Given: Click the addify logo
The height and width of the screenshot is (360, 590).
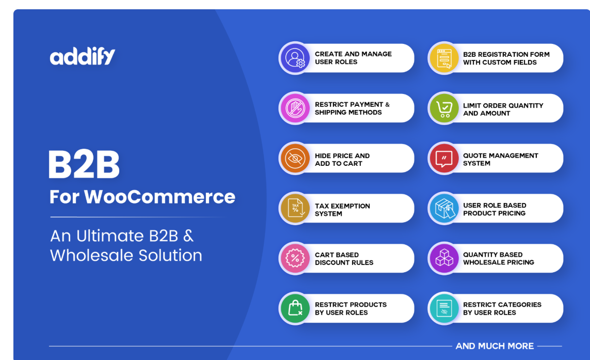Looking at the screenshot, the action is pyautogui.click(x=83, y=56).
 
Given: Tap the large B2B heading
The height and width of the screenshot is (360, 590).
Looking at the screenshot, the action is pyautogui.click(x=84, y=164).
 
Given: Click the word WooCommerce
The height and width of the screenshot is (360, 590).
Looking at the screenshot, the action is pyautogui.click(x=160, y=197).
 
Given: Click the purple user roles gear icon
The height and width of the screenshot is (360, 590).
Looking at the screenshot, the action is pyautogui.click(x=295, y=58).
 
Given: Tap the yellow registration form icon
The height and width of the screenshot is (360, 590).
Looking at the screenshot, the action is pyautogui.click(x=444, y=58).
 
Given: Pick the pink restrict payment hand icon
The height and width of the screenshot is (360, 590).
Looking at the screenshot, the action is pyautogui.click(x=295, y=108).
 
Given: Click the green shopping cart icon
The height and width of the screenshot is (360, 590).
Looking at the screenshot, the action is pyautogui.click(x=444, y=108).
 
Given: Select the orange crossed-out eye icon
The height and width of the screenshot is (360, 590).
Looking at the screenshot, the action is pyautogui.click(x=295, y=159).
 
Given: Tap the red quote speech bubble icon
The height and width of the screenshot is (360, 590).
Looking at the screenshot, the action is pyautogui.click(x=444, y=159).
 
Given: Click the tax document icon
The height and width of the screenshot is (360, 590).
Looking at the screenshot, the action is pyautogui.click(x=295, y=208).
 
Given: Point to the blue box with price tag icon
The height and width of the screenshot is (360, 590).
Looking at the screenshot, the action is pyautogui.click(x=444, y=208).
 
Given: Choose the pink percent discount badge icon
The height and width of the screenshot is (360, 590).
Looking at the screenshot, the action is pyautogui.click(x=295, y=258).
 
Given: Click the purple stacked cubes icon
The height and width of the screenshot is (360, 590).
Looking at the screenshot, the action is pyautogui.click(x=444, y=258).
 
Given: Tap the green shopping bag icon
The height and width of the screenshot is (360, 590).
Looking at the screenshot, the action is pyautogui.click(x=295, y=308).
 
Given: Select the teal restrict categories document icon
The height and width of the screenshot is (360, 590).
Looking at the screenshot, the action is pyautogui.click(x=444, y=308).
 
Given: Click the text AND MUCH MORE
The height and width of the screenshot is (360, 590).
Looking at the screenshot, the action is pyautogui.click(x=495, y=346).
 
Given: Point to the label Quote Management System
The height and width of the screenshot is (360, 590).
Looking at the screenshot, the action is pyautogui.click(x=501, y=159).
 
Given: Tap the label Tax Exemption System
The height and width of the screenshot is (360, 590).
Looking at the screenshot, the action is pyautogui.click(x=342, y=210).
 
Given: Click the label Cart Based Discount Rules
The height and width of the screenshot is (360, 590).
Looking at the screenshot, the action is pyautogui.click(x=344, y=259).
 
